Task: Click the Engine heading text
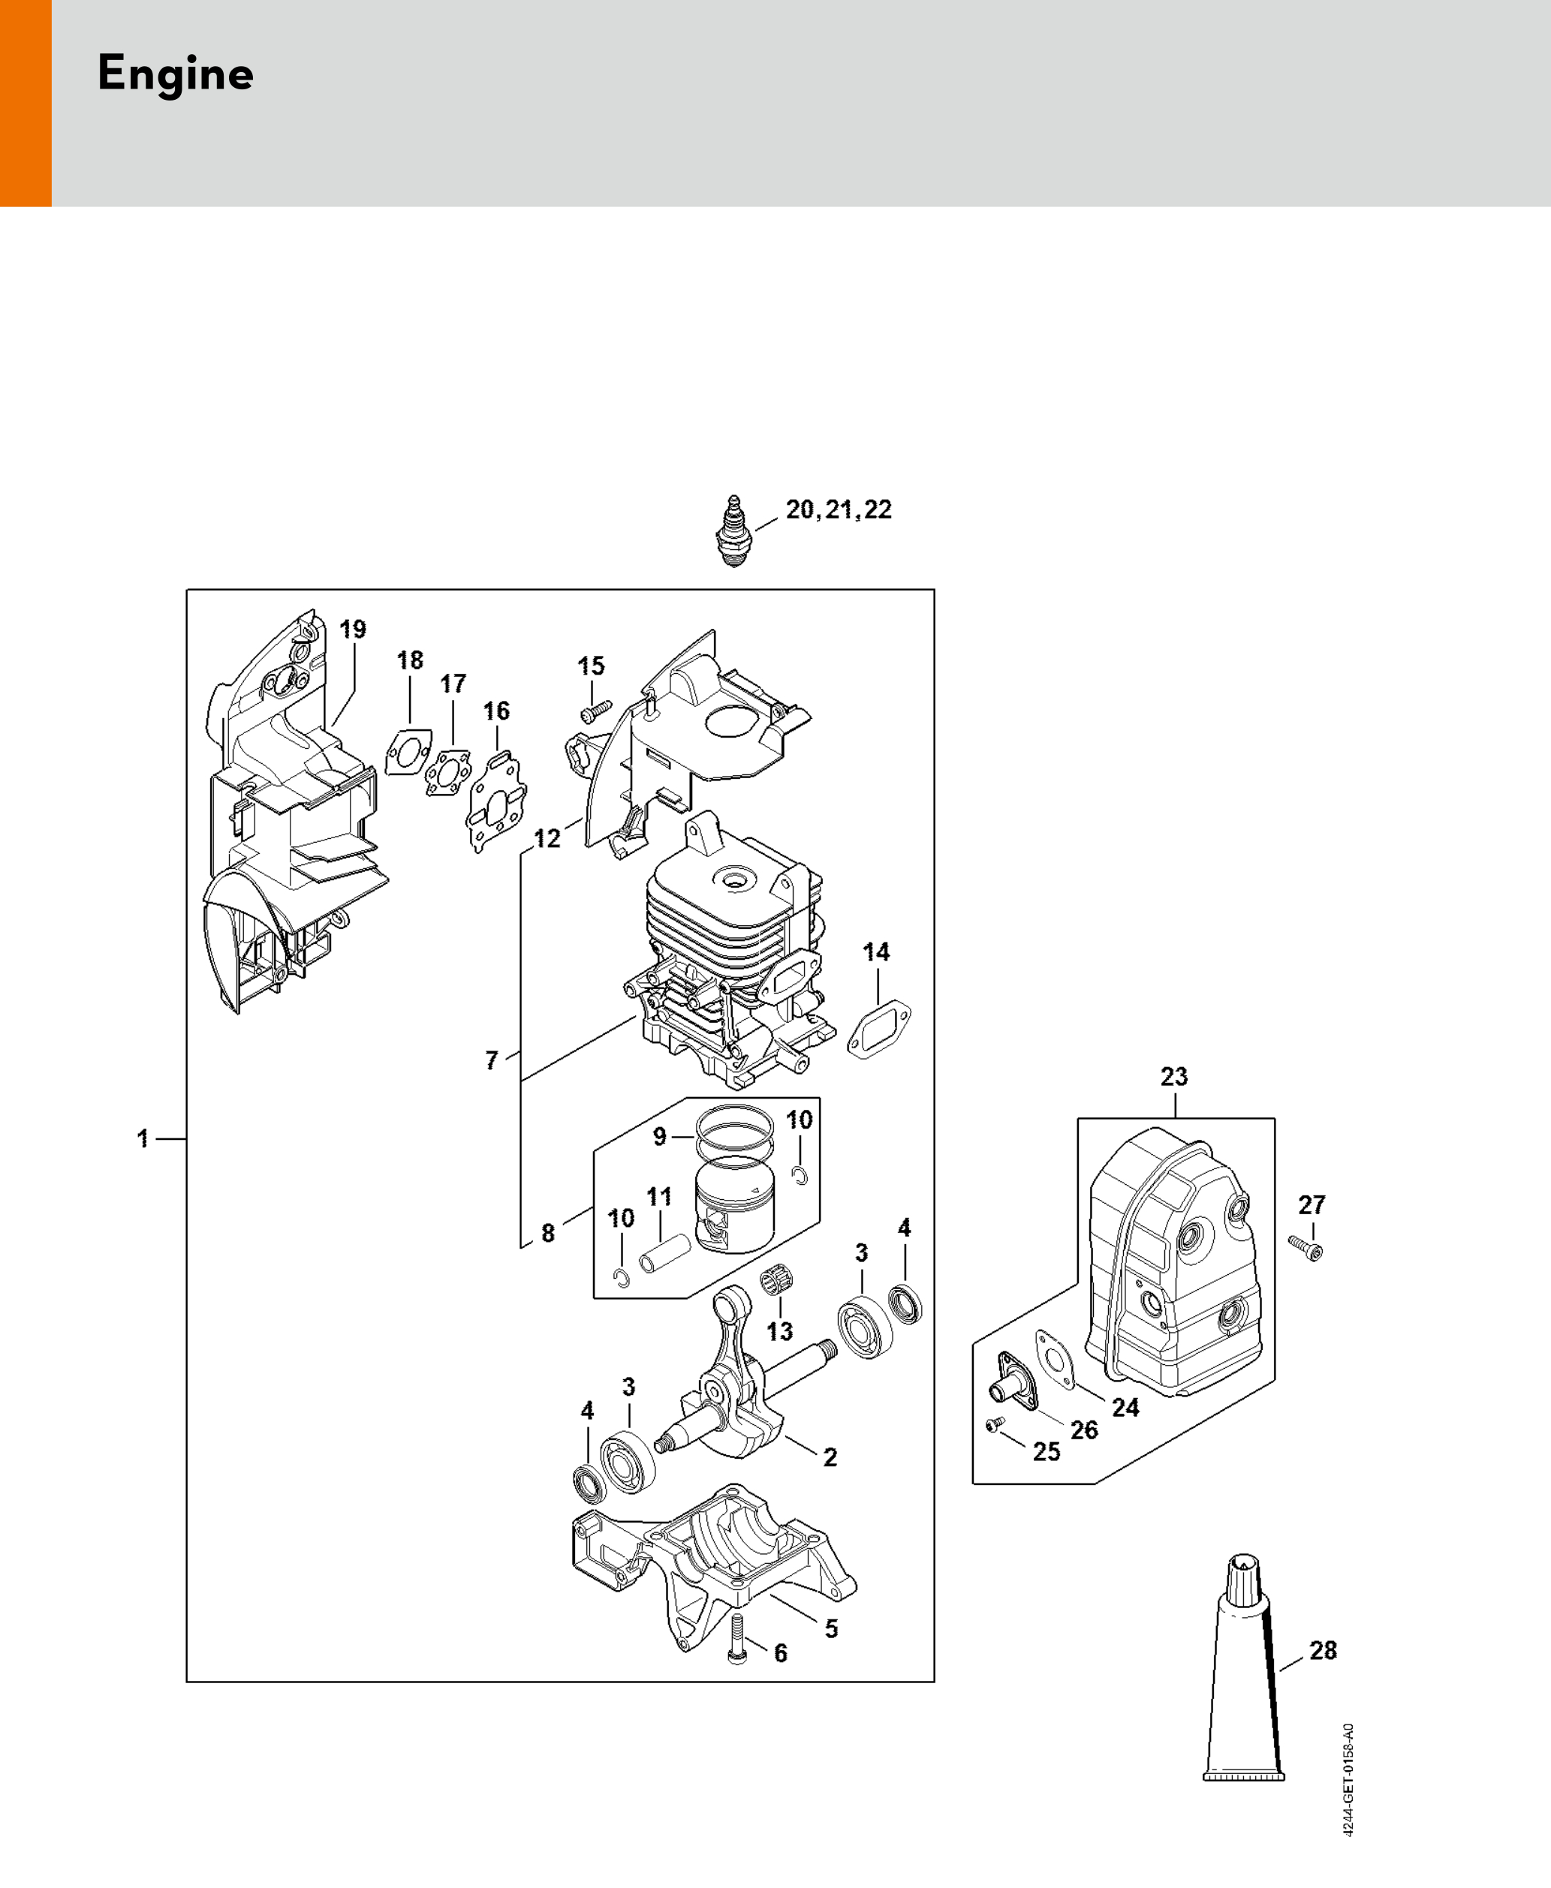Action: (x=175, y=74)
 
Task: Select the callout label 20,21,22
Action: (x=838, y=510)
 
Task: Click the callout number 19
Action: (x=353, y=629)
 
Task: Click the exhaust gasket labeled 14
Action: (x=878, y=1029)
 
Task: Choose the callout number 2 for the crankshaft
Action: (x=830, y=1457)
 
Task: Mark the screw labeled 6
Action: (x=737, y=1640)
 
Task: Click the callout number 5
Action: (x=831, y=1628)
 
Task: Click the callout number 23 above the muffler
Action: (x=1174, y=1077)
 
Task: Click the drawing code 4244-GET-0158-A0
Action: (x=1348, y=1780)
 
